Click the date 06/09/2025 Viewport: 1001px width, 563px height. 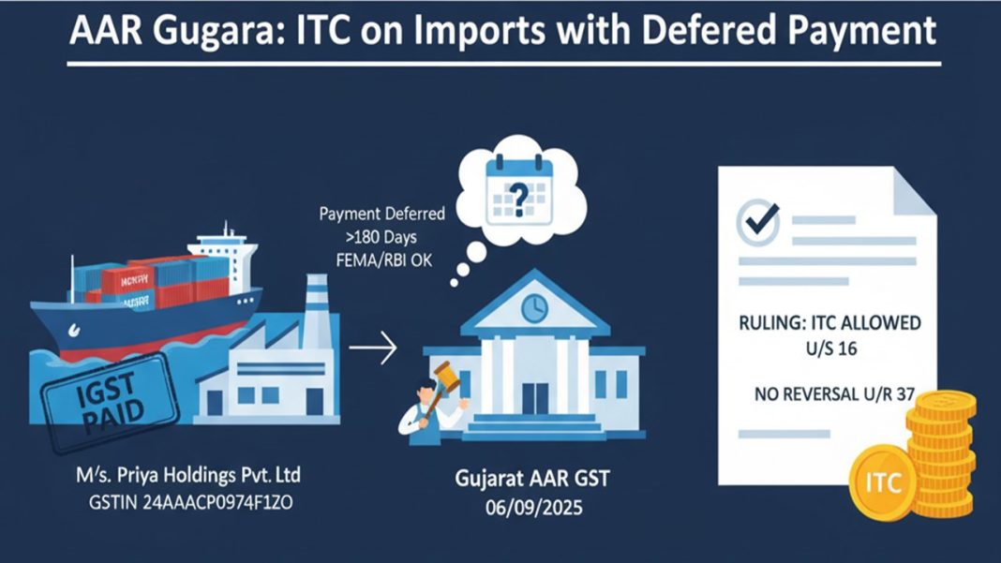pyautogui.click(x=531, y=506)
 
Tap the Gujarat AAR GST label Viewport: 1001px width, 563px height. pyautogui.click(x=531, y=481)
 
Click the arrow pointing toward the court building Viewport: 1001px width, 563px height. pyautogui.click(x=372, y=348)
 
